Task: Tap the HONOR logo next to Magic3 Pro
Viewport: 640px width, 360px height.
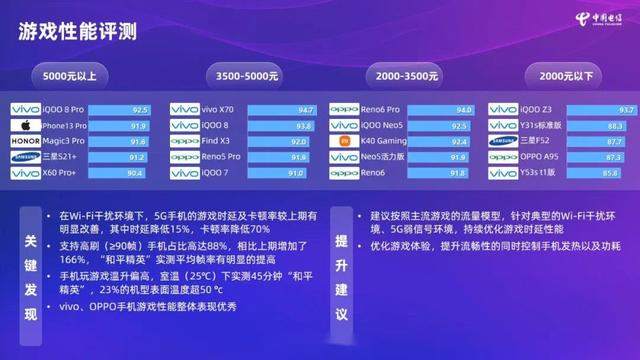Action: click(24, 142)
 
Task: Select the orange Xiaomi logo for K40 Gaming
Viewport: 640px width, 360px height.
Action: click(344, 142)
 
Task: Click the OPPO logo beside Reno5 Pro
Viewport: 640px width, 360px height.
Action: click(184, 158)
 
